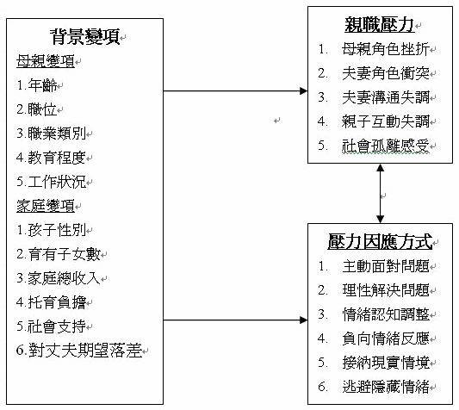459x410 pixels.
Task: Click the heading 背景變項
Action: [85, 37]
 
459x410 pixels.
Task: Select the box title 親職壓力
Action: [380, 24]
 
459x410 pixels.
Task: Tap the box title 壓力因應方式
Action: [380, 241]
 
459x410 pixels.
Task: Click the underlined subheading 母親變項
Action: [46, 61]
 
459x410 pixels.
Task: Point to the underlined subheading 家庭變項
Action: [46, 206]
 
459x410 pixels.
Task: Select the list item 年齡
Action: [42, 85]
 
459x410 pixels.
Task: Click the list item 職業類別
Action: [57, 134]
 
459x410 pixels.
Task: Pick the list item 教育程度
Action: [57, 158]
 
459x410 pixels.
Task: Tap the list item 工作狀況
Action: [57, 182]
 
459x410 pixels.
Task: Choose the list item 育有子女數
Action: [65, 254]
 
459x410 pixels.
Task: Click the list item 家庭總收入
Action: [65, 278]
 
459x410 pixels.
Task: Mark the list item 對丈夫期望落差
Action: [85, 350]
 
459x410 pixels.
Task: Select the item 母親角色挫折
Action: [386, 49]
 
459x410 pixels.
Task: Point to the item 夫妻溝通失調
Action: [386, 97]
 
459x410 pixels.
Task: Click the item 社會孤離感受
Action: [386, 146]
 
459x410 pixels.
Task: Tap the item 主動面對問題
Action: [386, 266]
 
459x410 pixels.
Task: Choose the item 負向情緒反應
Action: [386, 339]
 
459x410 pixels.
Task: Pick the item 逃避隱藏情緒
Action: [386, 387]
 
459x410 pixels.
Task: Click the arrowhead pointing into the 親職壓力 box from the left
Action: [304, 90]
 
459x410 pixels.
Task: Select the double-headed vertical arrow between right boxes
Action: [380, 193]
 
